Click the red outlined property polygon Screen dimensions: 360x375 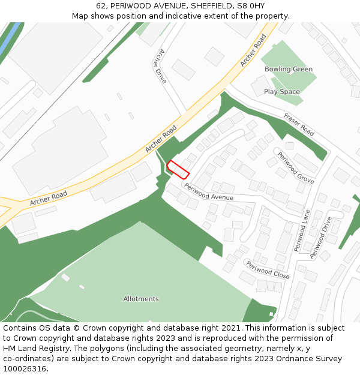pos(178,169)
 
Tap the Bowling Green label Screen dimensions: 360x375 pos(289,69)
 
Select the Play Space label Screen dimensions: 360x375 pos(281,92)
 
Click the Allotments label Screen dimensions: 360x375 pos(141,299)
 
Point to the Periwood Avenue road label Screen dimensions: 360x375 pos(209,192)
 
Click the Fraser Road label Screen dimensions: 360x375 pos(299,124)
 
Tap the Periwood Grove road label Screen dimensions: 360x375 pos(295,167)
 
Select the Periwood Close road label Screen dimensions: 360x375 pos(268,270)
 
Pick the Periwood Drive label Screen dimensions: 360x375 pos(321,238)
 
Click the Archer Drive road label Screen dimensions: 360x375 pos(160,65)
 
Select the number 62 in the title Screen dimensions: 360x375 pos(101,5)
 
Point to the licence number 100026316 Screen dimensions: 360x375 pos(24,369)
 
